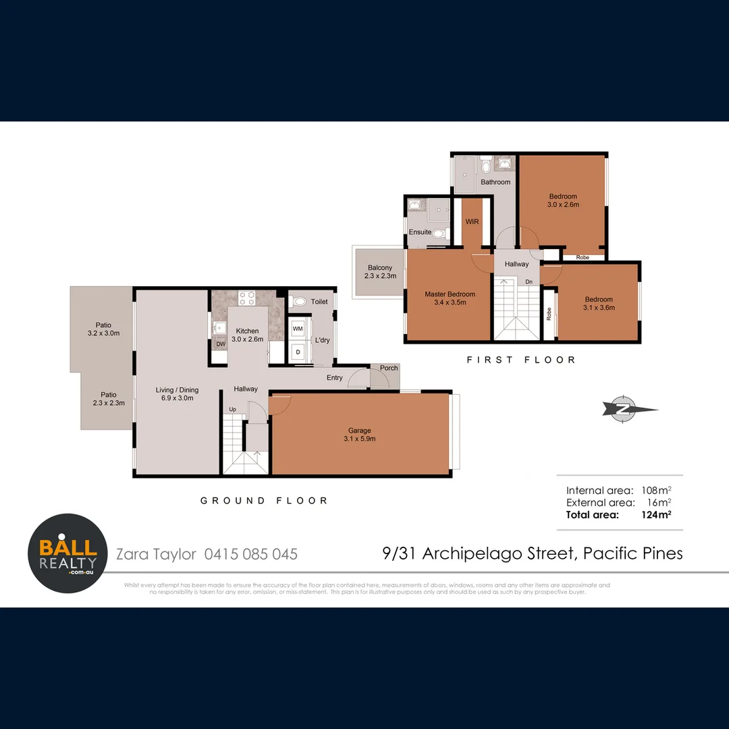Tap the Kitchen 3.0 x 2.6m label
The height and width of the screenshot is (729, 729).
pyautogui.click(x=246, y=335)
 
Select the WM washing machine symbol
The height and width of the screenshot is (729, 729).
pyautogui.click(x=298, y=328)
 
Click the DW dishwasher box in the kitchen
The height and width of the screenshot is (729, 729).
pyautogui.click(x=220, y=344)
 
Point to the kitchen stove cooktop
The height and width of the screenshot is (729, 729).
pyautogui.click(x=247, y=298)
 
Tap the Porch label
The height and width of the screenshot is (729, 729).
pyautogui.click(x=389, y=368)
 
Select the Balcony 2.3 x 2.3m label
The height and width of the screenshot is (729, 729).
pyautogui.click(x=380, y=271)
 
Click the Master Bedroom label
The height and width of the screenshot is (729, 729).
pyautogui.click(x=450, y=298)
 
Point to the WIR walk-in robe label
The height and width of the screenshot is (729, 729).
pyautogui.click(x=471, y=221)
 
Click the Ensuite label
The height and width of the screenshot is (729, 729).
pyautogui.click(x=420, y=232)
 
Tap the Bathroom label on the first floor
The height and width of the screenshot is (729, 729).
pyautogui.click(x=495, y=182)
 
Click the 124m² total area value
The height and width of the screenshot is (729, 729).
pyautogui.click(x=655, y=514)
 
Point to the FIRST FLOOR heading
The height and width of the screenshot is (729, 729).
pyautogui.click(x=521, y=360)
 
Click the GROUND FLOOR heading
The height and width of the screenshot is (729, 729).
pyautogui.click(x=264, y=500)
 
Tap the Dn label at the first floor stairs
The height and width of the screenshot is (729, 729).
pyautogui.click(x=529, y=281)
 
